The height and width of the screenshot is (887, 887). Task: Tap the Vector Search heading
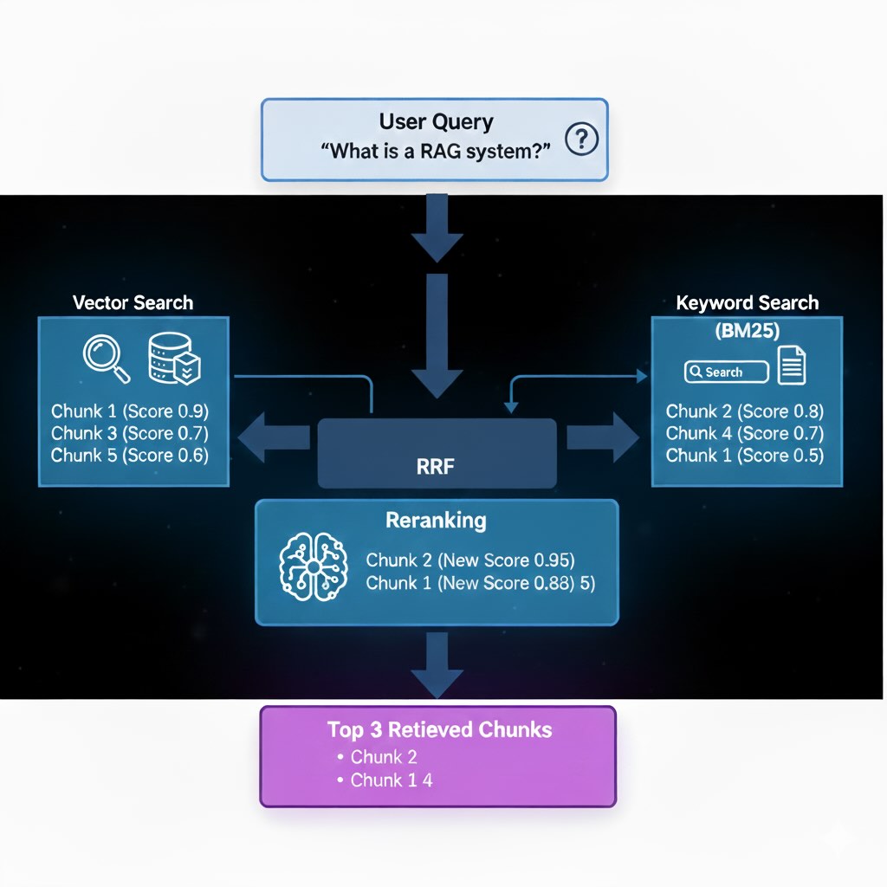[133, 302]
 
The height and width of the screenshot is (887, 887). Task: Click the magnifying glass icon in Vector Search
[106, 358]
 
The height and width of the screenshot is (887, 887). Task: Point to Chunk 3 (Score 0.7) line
[130, 433]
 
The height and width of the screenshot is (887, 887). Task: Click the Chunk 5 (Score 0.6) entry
[130, 455]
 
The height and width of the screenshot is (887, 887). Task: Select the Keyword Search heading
[747, 303]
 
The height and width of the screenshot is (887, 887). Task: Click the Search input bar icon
[726, 372]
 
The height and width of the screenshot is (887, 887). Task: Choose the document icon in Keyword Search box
[792, 366]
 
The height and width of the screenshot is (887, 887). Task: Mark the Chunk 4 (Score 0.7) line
[745, 433]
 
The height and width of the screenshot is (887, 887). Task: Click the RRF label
[436, 468]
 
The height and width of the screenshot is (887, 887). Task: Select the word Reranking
[436, 521]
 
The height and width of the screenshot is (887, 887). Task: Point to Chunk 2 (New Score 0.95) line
[470, 560]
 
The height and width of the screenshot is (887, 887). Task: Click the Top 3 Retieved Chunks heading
[439, 729]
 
